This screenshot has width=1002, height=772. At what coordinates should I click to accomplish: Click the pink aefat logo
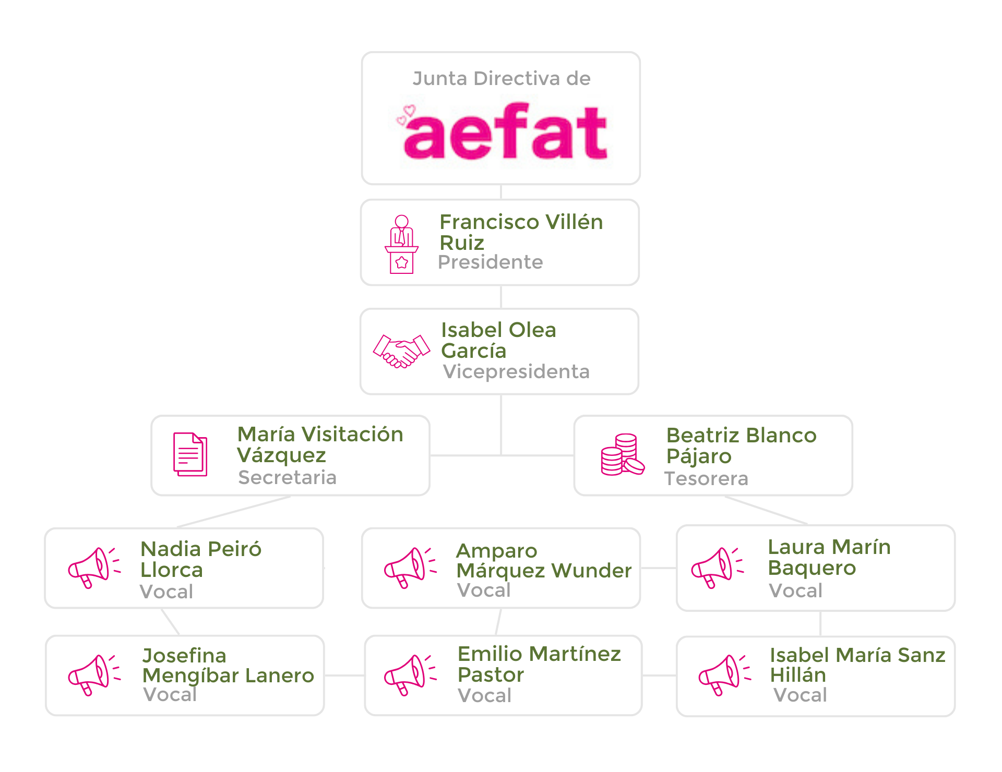click(504, 132)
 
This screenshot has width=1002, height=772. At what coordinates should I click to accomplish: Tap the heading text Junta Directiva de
click(501, 79)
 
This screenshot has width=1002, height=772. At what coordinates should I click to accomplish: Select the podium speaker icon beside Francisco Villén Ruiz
click(401, 244)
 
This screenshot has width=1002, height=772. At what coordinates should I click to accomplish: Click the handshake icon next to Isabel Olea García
click(401, 351)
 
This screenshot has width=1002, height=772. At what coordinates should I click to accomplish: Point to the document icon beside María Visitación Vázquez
click(190, 454)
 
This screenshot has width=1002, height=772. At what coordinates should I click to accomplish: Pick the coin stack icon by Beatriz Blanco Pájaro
click(622, 455)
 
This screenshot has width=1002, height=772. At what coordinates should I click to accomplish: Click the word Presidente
click(490, 262)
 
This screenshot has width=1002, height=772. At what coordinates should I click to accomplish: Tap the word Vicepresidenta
click(516, 371)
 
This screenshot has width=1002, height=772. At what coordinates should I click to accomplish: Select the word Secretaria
click(287, 477)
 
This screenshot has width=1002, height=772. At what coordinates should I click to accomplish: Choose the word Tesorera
click(706, 478)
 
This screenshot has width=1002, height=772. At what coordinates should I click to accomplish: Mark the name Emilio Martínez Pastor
click(539, 664)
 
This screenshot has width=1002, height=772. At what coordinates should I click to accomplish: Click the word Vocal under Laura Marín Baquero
click(795, 590)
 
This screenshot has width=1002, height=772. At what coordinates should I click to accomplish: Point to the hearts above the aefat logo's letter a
click(406, 115)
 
